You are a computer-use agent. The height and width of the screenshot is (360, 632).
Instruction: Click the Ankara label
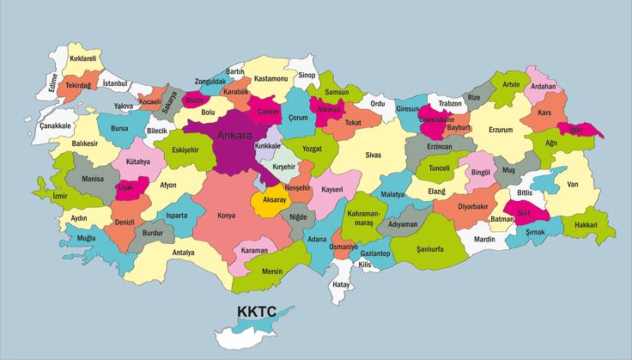pyautogui.click(x=234, y=136)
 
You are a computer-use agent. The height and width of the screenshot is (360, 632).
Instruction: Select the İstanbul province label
pyautogui.click(x=114, y=83)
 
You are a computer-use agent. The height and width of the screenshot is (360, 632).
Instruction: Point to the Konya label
pyautogui.click(x=227, y=216)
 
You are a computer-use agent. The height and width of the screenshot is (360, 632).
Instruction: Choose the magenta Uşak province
pyautogui.click(x=126, y=187)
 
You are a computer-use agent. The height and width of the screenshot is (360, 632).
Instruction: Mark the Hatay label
pyautogui.click(x=342, y=284)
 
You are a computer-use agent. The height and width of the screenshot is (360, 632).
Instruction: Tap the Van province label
pyautogui.click(x=573, y=184)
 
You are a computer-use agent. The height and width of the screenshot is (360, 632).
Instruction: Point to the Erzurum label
pyautogui.click(x=500, y=130)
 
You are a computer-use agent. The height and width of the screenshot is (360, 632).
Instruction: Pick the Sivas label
pyautogui.click(x=373, y=156)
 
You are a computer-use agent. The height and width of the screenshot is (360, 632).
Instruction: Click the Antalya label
pyautogui.click(x=183, y=253)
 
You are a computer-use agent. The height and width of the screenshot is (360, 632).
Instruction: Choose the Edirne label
pyautogui.click(x=53, y=82)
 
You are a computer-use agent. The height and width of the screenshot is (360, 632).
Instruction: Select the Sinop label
pyautogui.click(x=307, y=76)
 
